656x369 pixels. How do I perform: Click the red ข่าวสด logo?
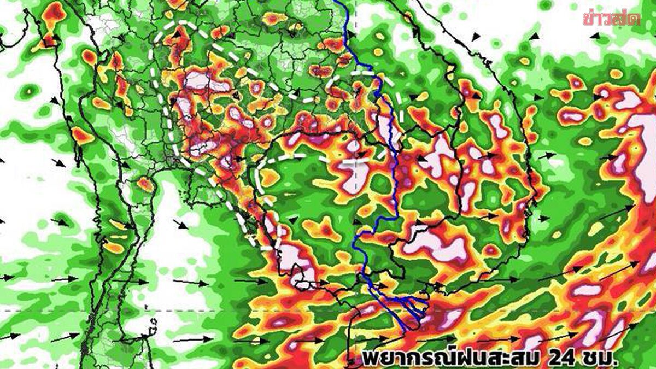pyautogui.click(x=611, y=17)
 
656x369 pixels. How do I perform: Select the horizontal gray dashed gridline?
pyautogui.click(x=164, y=310)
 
